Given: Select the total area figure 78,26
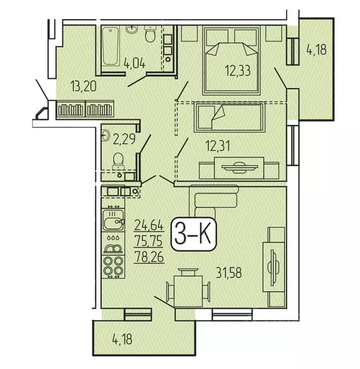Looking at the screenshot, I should click(x=149, y=257).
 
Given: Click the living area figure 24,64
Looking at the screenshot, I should click(x=149, y=224).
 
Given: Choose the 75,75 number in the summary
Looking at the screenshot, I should click(x=149, y=241).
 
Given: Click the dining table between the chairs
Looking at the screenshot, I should click(x=189, y=289).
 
